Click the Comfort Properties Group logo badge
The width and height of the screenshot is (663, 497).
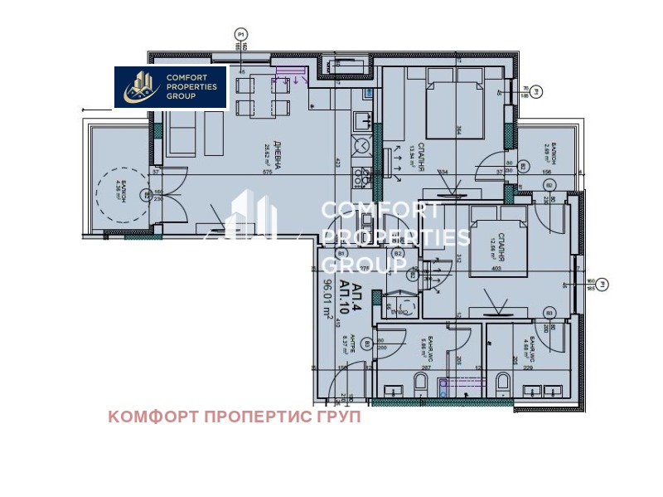[171, 86]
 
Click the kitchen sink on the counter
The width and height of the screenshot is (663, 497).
[361, 122]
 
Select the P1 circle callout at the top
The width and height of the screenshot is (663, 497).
[241, 34]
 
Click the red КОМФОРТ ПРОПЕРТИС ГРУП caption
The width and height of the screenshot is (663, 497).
[235, 417]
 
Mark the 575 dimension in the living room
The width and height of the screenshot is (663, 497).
[268, 173]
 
